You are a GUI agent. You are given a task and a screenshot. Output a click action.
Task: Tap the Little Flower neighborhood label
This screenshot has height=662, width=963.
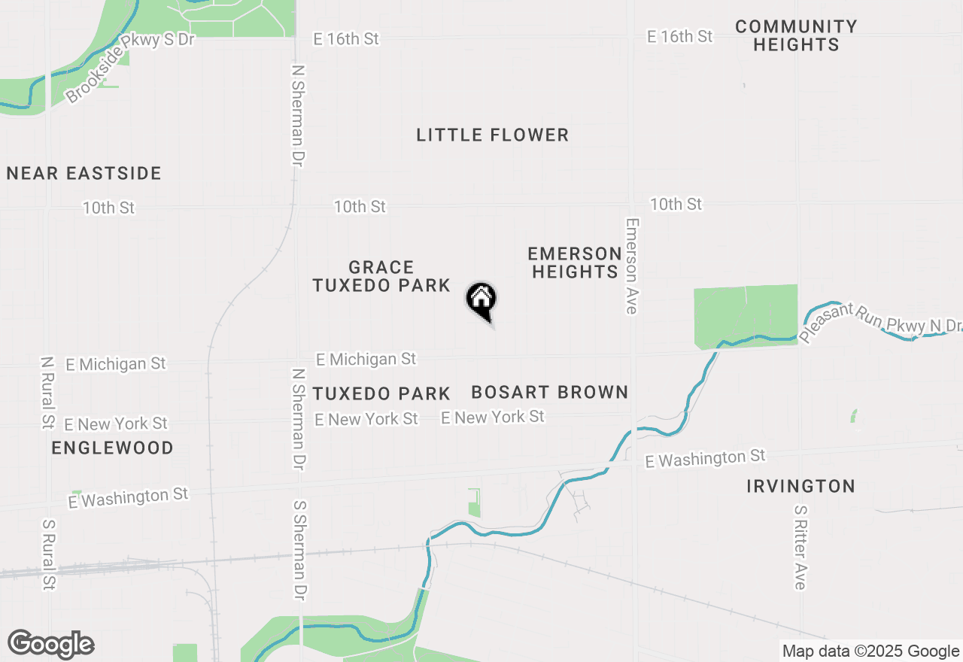[492, 135]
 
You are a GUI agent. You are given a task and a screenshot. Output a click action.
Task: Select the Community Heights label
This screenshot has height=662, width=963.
[796, 36]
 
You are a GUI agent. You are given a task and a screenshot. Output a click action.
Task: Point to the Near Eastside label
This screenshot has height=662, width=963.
[84, 174]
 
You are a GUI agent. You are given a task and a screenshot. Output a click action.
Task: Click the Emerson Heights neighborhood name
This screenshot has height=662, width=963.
[575, 263]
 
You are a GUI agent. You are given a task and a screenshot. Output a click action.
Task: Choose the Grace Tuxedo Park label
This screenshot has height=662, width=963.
[381, 277]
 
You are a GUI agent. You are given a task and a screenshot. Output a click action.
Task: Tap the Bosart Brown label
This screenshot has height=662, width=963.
[549, 392]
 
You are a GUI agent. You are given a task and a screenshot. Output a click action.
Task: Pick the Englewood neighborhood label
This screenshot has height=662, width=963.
[113, 448]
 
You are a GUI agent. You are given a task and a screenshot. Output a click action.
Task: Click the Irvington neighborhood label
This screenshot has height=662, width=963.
[800, 486]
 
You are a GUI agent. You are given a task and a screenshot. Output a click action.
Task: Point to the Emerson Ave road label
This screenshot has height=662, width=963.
[631, 266]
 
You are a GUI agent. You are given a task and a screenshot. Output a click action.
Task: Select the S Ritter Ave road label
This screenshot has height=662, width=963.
[800, 547]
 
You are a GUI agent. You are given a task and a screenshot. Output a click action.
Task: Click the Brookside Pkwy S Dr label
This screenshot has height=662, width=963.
[129, 66]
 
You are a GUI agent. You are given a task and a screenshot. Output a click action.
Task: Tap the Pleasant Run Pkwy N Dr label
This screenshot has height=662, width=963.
[880, 322]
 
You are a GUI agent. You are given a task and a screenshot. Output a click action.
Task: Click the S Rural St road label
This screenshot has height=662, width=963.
[49, 554]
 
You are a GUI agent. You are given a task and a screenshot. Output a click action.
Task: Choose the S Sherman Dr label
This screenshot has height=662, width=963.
[299, 551]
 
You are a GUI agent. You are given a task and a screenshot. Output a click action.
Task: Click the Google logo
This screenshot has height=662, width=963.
[51, 645]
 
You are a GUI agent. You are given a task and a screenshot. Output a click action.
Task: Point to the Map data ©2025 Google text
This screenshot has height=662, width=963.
[870, 651]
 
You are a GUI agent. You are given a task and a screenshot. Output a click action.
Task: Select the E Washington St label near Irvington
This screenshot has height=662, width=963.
[706, 458]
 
